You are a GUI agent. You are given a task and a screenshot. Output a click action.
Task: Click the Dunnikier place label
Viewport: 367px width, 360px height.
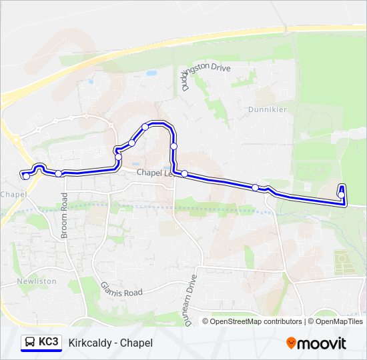267,109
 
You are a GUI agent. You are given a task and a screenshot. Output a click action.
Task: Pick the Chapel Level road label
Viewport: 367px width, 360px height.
154,173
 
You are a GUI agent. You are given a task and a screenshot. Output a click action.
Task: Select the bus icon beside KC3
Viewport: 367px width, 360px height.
30,343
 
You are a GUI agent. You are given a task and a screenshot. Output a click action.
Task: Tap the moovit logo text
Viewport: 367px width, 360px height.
322,343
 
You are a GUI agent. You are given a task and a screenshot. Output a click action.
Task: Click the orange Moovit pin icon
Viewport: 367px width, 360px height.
291,343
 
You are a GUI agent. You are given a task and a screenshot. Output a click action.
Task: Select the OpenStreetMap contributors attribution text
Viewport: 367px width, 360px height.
252,321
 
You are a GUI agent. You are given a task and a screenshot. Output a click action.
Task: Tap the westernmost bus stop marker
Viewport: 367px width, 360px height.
26,176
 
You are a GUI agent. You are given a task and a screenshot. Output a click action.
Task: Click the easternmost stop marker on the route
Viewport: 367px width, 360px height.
341,195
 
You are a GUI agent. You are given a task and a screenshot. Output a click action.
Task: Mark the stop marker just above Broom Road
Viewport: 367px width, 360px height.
59,173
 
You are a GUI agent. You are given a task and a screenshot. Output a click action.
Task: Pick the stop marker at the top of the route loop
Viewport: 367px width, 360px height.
145,127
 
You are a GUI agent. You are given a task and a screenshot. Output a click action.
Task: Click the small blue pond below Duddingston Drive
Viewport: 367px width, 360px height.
151,73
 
